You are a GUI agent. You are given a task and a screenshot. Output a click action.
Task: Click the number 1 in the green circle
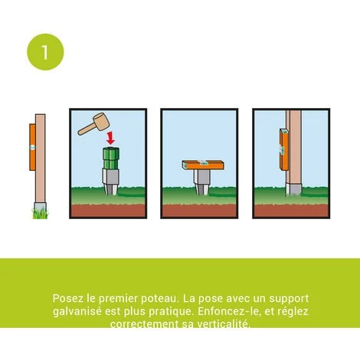pos(45,51)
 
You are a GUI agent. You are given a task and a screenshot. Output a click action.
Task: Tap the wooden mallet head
pos(97,120)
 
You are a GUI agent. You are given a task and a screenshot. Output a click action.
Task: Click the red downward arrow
pos(112,139)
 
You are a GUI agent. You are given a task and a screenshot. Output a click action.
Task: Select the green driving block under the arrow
pos(112,159)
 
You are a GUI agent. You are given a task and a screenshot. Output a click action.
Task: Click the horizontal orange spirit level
pos(202,163)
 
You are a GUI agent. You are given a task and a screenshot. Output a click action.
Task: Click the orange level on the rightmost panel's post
pos(282,149)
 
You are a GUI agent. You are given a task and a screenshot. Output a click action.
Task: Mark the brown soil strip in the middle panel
pos(202,210)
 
